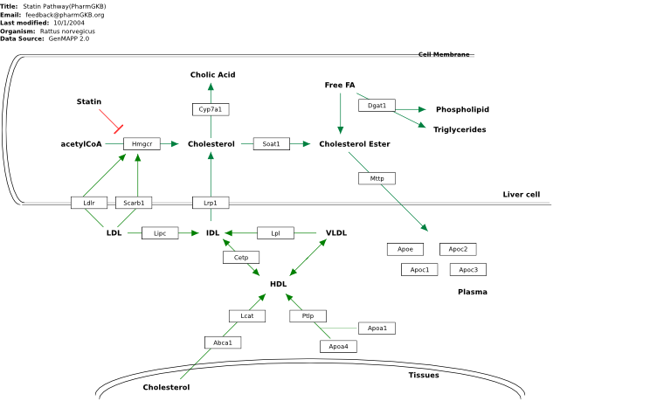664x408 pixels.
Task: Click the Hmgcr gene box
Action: tap(142, 144)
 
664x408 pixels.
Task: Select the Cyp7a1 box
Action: tap(211, 109)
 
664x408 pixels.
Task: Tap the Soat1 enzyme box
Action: tap(272, 144)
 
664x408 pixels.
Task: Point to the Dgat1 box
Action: tap(377, 106)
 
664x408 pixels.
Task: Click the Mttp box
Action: tap(377, 178)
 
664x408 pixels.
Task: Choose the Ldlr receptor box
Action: tap(89, 203)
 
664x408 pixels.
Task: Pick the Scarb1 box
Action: tap(134, 203)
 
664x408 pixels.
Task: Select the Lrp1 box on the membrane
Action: tap(211, 203)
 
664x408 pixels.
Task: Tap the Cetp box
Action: tap(241, 258)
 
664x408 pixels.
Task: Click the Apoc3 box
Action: tap(468, 270)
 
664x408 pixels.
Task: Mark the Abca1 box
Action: tap(223, 342)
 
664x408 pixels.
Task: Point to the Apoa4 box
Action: tap(338, 347)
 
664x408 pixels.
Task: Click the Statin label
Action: tap(89, 101)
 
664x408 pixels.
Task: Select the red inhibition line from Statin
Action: tap(111, 121)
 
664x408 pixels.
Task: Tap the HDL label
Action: tap(278, 284)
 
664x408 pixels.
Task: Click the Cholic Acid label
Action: tap(212, 74)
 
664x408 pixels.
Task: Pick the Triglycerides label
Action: tap(460, 129)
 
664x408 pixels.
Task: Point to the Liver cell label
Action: tap(522, 195)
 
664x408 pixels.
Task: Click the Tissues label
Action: tap(424, 375)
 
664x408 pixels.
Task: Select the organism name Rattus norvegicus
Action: tap(67, 31)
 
